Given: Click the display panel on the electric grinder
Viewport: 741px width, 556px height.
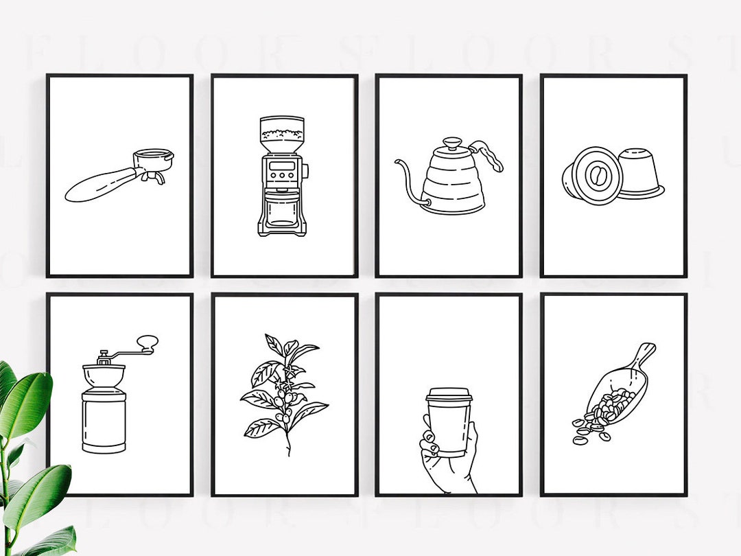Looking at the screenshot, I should click(x=281, y=165).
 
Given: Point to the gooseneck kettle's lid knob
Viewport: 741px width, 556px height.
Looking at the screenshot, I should click(x=452, y=143).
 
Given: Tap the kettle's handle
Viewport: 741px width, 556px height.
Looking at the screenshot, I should click(x=489, y=155).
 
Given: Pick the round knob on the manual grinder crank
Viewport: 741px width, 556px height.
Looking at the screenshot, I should click(x=147, y=341).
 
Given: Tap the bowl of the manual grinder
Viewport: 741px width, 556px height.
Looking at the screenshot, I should click(x=104, y=375).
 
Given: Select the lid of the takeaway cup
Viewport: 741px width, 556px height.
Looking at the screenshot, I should click(x=449, y=395).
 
